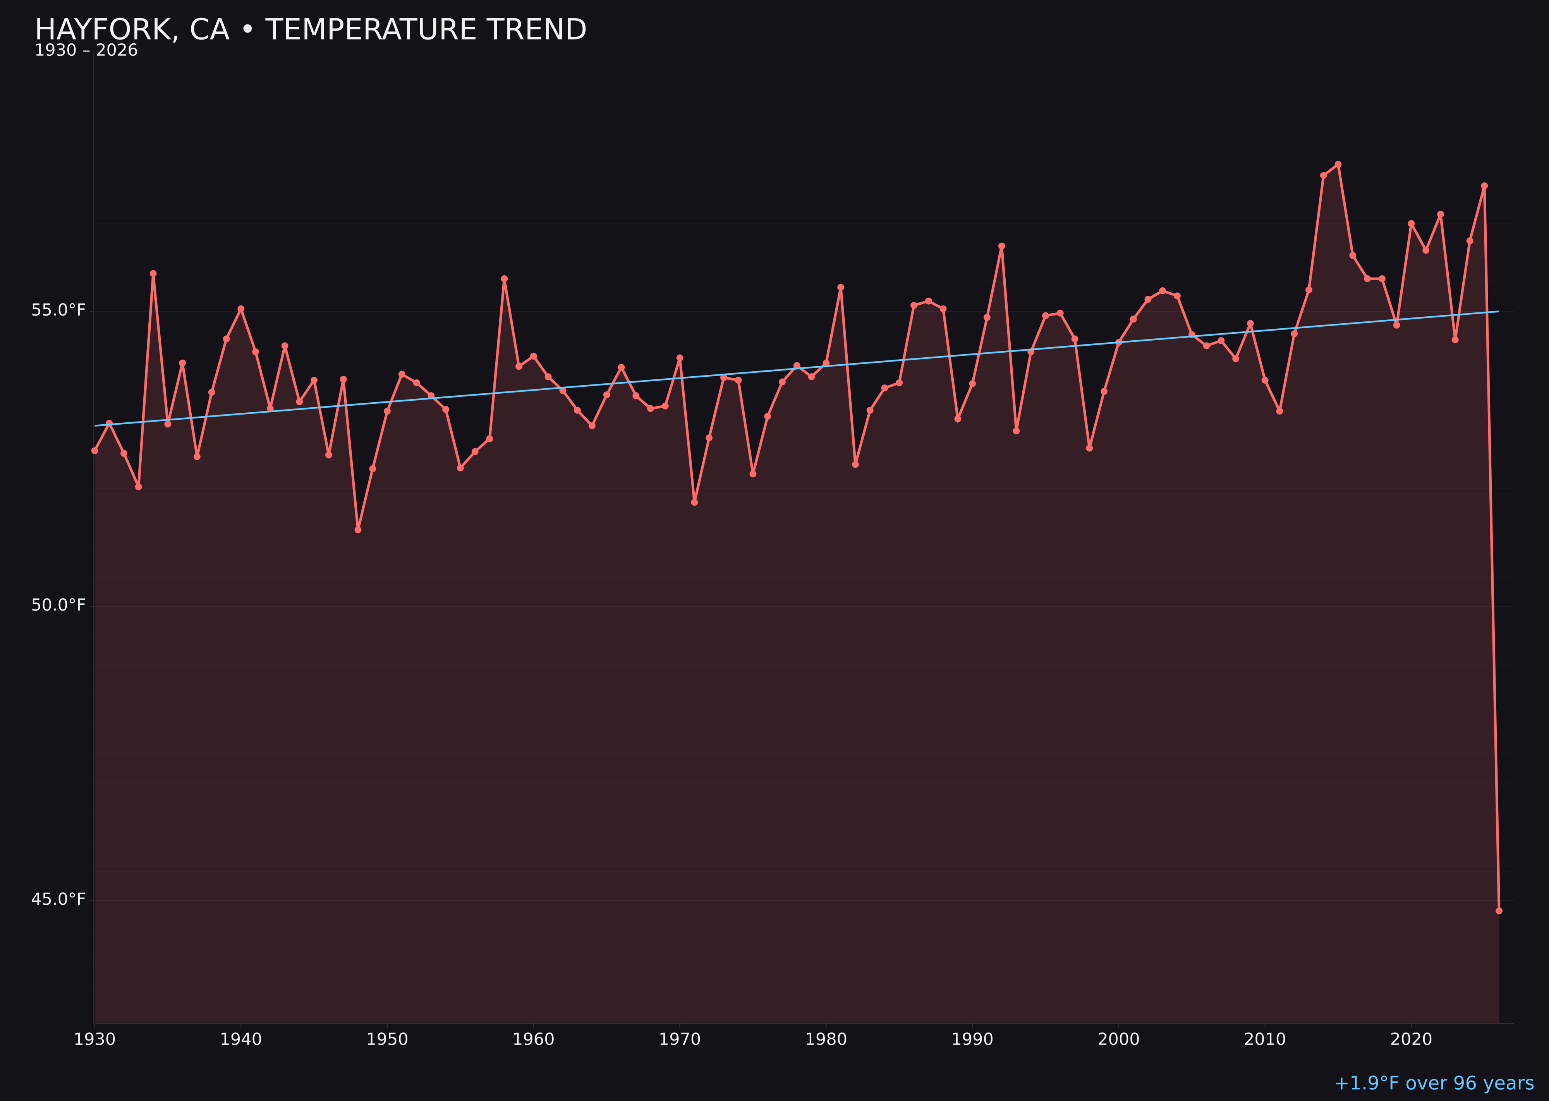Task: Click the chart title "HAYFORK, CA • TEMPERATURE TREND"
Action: [311, 30]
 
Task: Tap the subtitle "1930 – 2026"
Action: [86, 51]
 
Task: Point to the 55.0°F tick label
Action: [58, 310]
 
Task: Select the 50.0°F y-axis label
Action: [58, 605]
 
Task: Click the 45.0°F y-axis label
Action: [58, 900]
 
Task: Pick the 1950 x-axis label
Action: [387, 1040]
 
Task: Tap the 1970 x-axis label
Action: [680, 1040]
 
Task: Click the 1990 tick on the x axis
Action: [972, 1040]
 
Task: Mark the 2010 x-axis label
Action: [1265, 1040]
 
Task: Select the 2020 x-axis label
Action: [1411, 1040]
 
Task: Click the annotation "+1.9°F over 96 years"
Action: [1434, 1083]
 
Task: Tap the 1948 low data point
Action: [358, 530]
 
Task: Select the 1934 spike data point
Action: [153, 274]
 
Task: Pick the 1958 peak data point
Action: [504, 279]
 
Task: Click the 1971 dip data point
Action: [694, 502]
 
